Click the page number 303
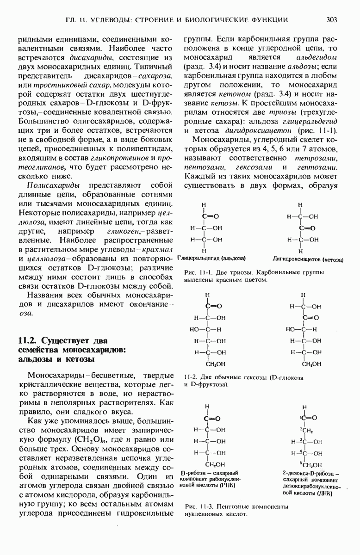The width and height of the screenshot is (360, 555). (x=331, y=19)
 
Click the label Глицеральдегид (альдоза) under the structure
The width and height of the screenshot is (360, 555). (x=211, y=258)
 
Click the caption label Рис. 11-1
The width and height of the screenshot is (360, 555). (x=195, y=272)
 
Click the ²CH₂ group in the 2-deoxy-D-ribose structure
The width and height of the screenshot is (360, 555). (x=305, y=430)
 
